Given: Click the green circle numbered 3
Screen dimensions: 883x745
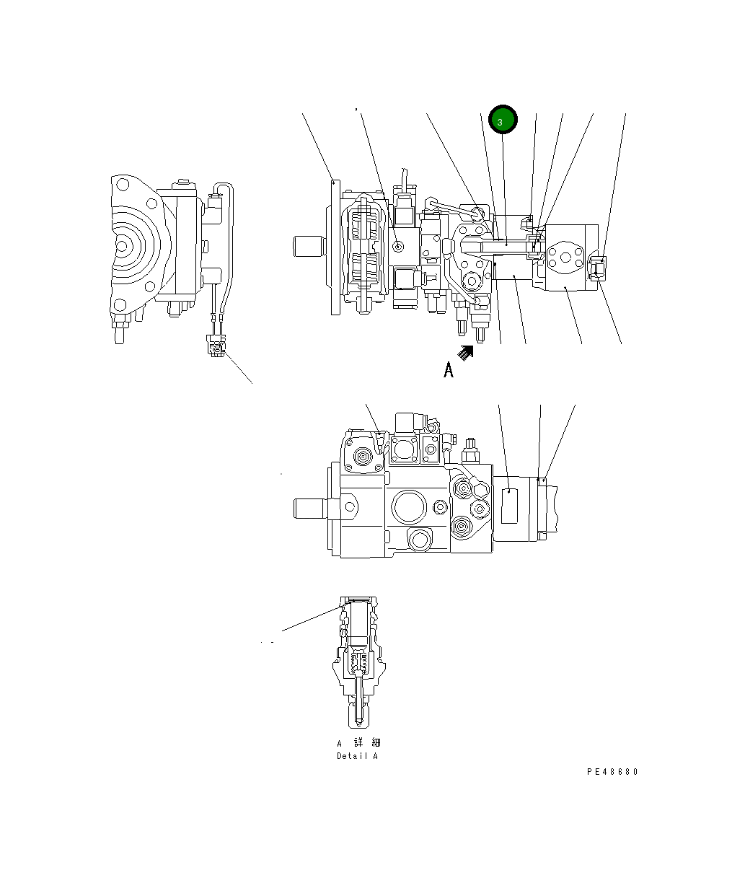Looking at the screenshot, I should tap(503, 120).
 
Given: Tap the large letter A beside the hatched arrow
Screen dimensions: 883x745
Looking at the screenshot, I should tap(449, 370).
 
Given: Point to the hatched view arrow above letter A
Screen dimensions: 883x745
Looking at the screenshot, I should tap(467, 353).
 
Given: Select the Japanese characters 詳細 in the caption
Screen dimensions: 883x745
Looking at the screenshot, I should tap(367, 743).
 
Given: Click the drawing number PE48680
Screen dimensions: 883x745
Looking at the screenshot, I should tap(612, 771).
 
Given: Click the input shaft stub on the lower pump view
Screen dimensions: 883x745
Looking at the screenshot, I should tap(309, 508).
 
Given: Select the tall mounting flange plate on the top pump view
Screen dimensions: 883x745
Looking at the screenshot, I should tap(335, 247).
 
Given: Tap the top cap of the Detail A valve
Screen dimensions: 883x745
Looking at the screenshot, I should tap(358, 600).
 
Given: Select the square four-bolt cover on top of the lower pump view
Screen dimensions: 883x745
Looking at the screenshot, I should tap(404, 451).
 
